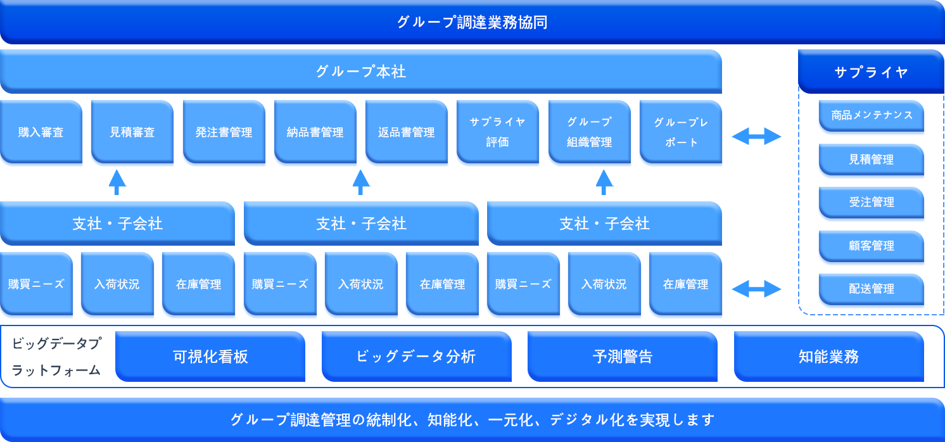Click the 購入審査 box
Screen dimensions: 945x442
coord(41,132)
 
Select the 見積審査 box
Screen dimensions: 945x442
coord(132,132)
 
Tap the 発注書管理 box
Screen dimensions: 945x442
coord(224,132)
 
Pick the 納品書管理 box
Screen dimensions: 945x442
coord(315,132)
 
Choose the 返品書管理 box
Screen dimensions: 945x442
coord(406,132)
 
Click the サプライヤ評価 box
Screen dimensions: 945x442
coord(498,132)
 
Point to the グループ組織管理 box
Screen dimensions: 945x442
coord(590,132)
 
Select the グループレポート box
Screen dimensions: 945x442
coord(681,132)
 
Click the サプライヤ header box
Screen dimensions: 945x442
coord(871,72)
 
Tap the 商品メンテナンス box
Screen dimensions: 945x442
coord(872,115)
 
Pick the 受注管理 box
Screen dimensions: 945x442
coord(872,203)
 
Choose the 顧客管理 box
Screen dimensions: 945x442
coord(872,246)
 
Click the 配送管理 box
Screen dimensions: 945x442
coord(872,289)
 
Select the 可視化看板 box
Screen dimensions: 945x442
coord(210,357)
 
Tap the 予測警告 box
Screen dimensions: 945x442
coord(623,357)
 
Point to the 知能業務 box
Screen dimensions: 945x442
coord(829,357)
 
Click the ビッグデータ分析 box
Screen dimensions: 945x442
coord(416,357)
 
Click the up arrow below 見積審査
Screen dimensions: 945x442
coord(117,182)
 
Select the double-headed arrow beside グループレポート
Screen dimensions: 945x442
coord(756,136)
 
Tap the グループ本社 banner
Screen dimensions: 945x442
coord(360,72)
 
